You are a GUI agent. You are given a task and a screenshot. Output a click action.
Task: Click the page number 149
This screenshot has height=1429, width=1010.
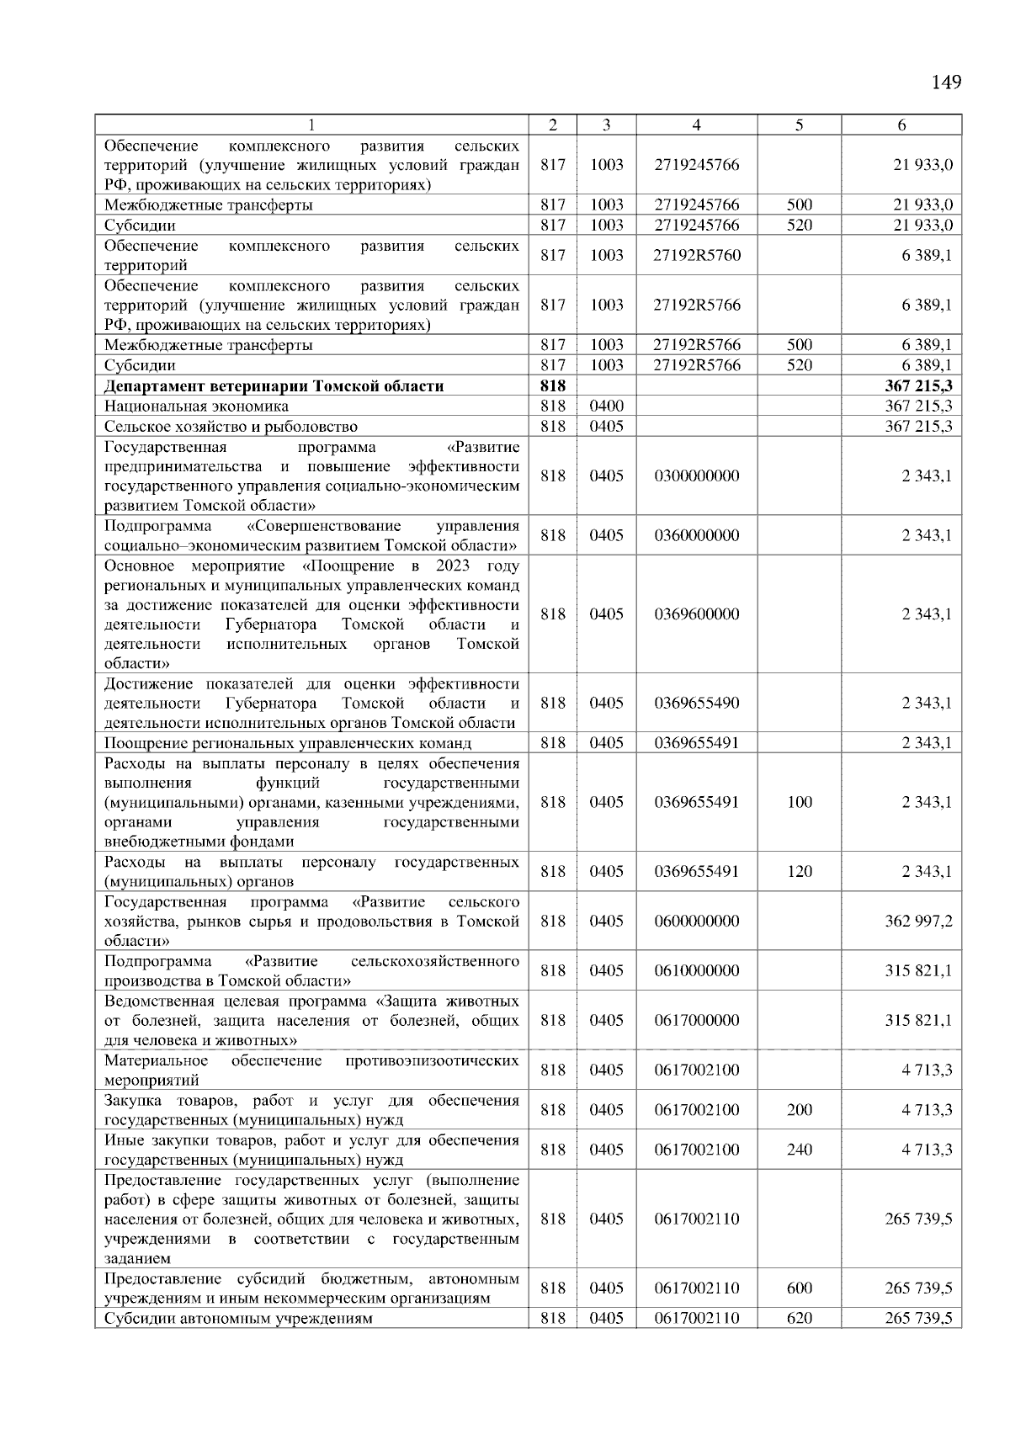[x=946, y=82]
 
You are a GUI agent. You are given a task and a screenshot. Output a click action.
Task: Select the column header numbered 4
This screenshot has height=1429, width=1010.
[x=696, y=125]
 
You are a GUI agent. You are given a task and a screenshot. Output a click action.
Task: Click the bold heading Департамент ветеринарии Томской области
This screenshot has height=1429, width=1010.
[x=274, y=386]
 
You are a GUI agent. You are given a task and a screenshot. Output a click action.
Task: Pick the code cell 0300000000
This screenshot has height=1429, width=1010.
[x=696, y=475]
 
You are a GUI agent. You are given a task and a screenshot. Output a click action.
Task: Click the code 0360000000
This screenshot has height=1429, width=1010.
[x=696, y=535]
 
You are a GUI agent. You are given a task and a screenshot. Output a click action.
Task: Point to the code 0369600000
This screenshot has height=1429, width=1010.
[x=696, y=614]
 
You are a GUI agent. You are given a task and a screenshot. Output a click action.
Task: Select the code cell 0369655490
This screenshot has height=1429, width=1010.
[x=696, y=703]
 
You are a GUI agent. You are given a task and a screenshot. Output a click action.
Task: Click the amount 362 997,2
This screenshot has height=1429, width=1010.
[x=918, y=921]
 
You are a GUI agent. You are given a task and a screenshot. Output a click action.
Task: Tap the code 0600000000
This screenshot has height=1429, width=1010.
[x=696, y=921]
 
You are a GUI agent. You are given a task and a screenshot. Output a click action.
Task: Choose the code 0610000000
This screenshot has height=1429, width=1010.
[x=696, y=970]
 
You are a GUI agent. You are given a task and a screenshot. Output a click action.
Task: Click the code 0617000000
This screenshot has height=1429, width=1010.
[x=696, y=1020]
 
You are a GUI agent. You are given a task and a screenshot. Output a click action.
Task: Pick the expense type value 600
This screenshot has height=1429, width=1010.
[x=799, y=1288]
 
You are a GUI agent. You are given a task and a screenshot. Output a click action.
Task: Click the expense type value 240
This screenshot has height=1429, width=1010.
[x=799, y=1150]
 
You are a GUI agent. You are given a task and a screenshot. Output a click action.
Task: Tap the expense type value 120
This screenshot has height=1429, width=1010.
[x=799, y=871]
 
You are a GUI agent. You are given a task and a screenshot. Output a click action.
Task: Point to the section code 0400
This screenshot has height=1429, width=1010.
[x=606, y=406]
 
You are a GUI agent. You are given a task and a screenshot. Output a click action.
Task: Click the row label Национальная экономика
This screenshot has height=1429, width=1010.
[x=196, y=406]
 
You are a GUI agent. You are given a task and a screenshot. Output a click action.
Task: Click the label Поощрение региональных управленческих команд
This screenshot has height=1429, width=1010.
[x=288, y=743]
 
